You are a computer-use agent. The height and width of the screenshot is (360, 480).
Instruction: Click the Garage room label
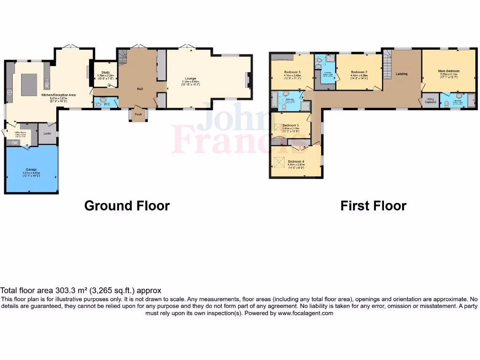click(x=31, y=169)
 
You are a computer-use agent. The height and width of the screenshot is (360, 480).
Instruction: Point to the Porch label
click(x=138, y=113)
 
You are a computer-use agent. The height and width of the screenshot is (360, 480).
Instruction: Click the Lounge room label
click(x=190, y=78)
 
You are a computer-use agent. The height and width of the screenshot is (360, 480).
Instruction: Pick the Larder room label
click(x=47, y=134)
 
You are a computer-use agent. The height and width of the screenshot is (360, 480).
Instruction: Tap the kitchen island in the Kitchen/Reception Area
click(x=29, y=84)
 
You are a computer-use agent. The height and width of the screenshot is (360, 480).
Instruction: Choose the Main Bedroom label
click(x=449, y=71)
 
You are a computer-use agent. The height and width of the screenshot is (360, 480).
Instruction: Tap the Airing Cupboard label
click(x=430, y=101)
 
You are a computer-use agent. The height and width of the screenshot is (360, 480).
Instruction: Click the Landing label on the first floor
click(x=402, y=74)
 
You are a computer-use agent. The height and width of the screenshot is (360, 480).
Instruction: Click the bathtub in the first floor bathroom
click(x=274, y=101)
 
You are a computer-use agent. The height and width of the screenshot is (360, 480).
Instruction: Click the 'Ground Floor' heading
click(x=127, y=205)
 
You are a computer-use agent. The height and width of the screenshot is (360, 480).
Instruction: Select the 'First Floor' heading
click(x=373, y=205)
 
